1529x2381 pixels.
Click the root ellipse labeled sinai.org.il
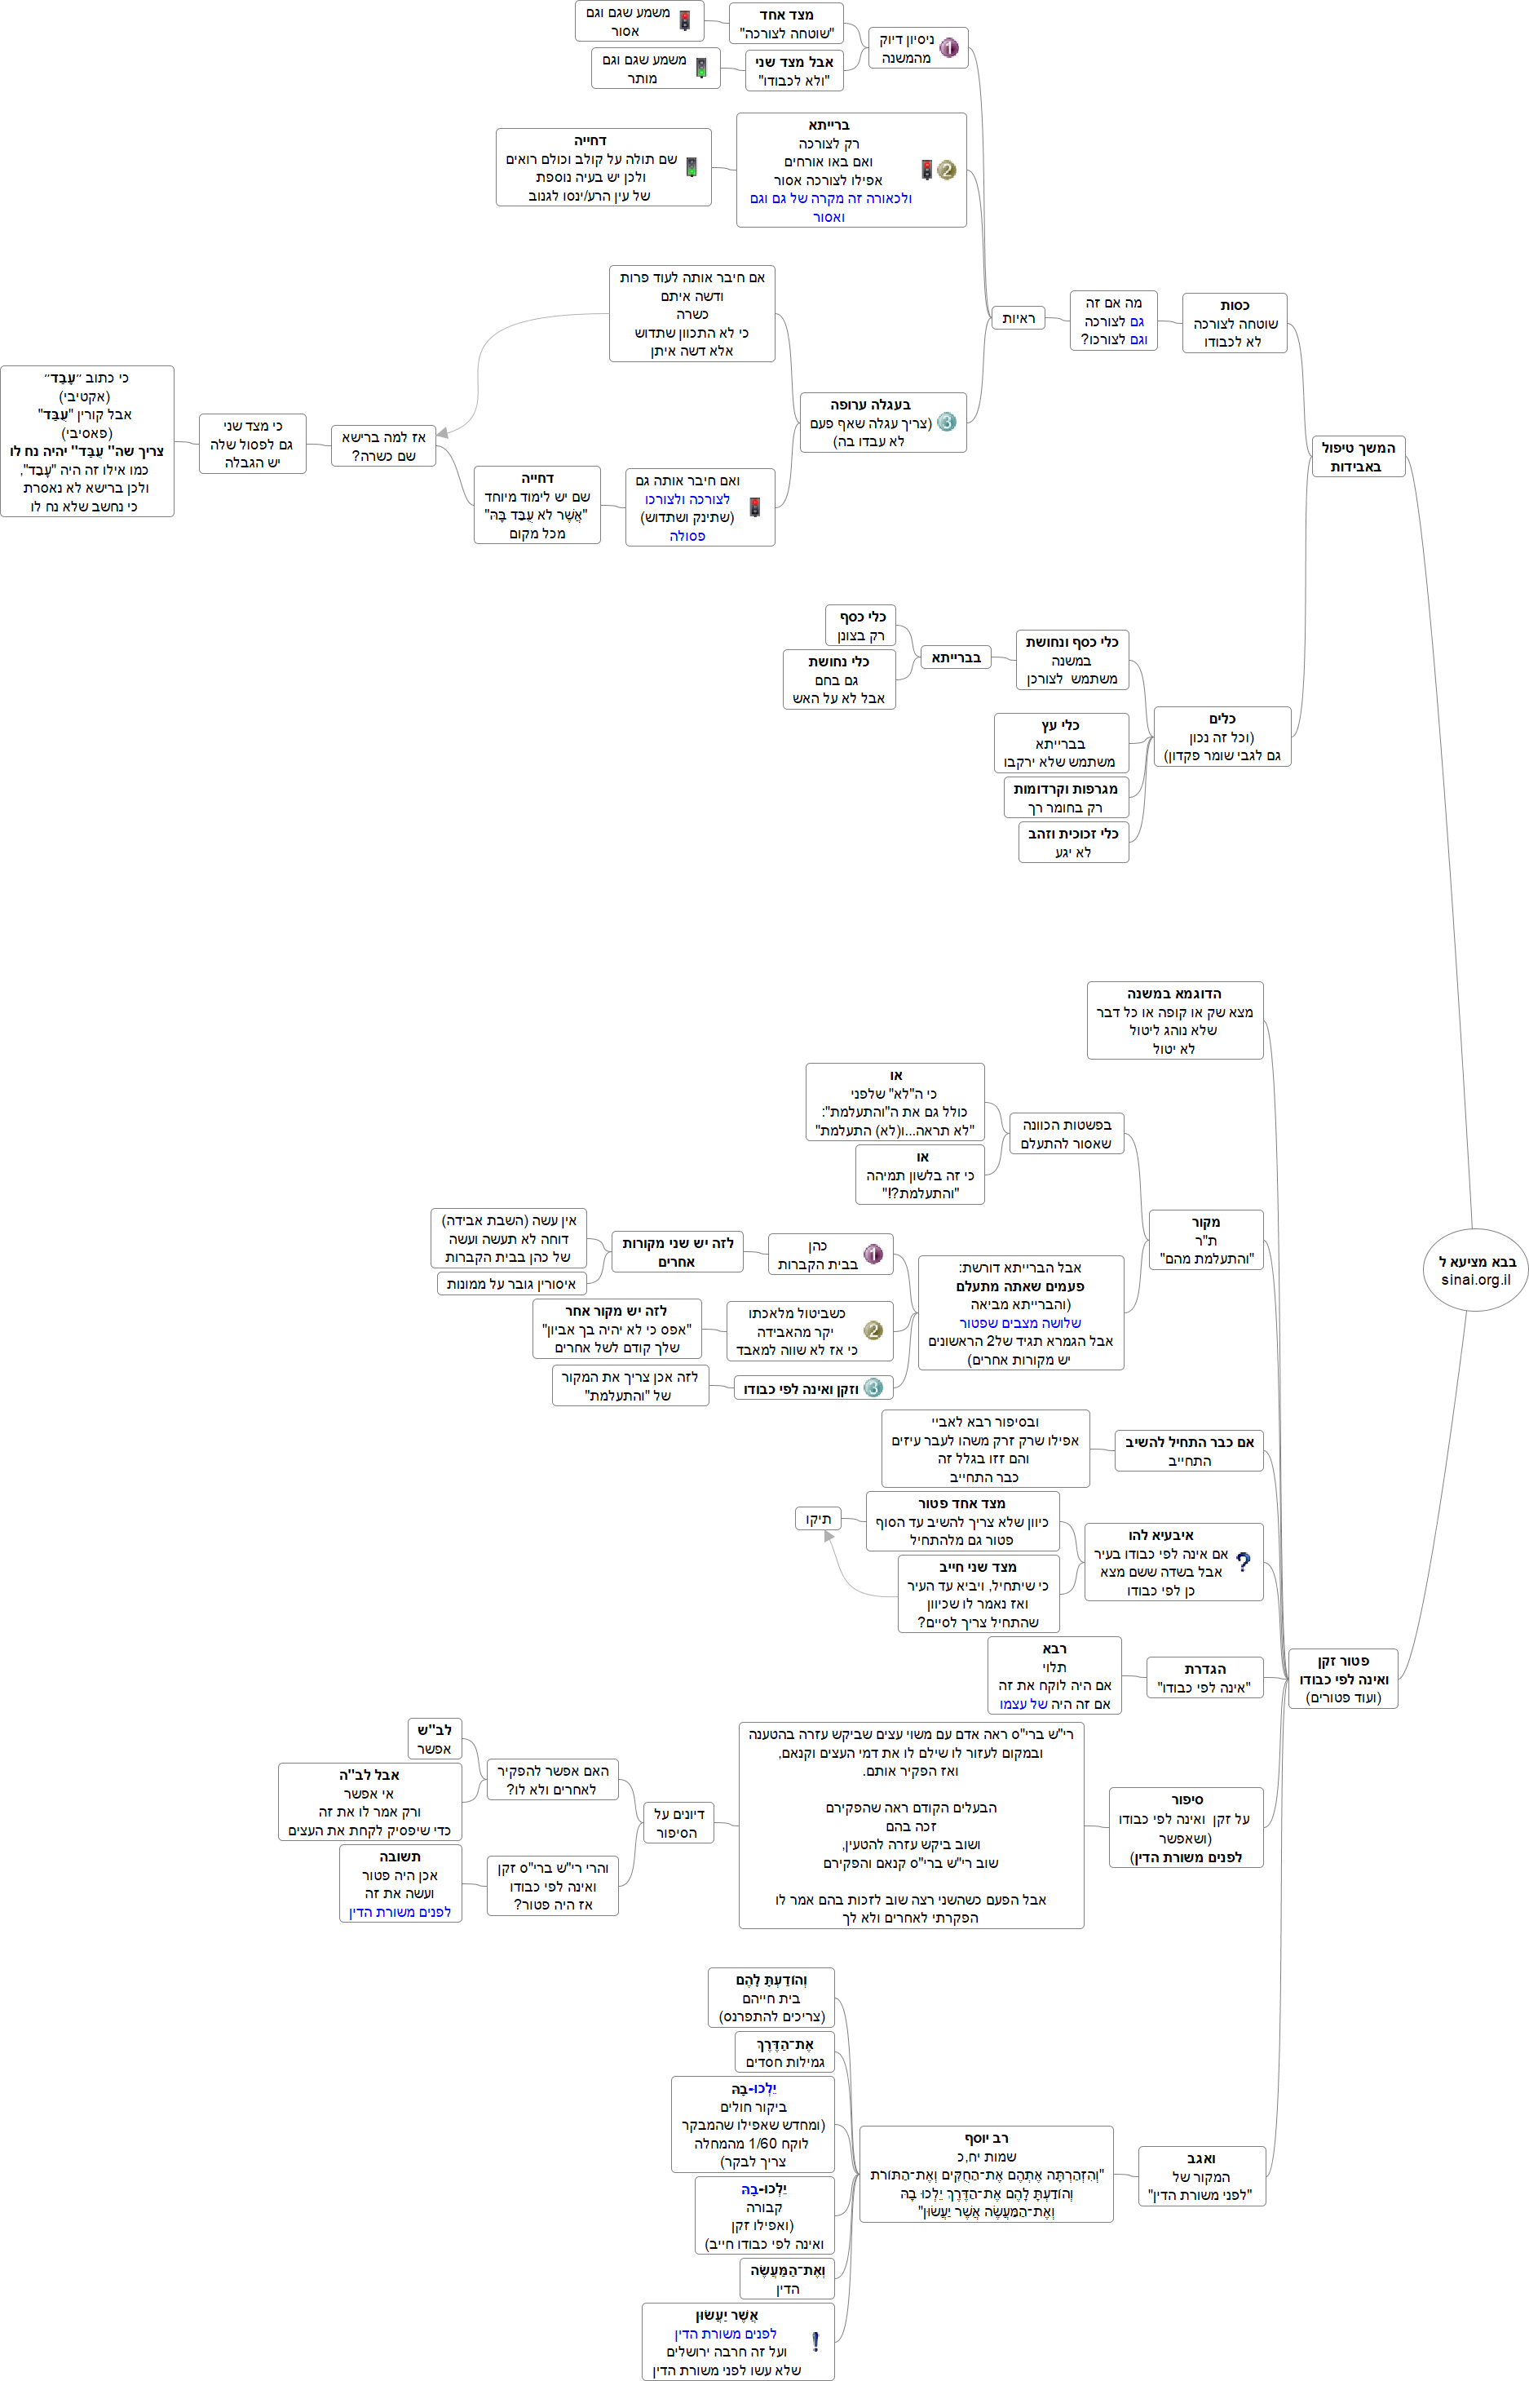point(1475,1270)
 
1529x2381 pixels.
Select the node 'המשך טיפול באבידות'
point(1359,457)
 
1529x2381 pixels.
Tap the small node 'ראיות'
point(1018,318)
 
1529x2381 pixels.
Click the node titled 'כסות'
point(1234,323)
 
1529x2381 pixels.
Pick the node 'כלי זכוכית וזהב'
point(1073,842)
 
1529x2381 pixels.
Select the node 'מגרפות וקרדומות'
point(1065,797)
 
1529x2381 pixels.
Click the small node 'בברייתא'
point(955,657)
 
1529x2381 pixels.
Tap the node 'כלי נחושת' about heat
point(839,679)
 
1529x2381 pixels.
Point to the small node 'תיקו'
point(818,1518)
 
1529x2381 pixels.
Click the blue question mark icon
point(1243,1562)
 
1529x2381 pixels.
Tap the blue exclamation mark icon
point(815,2341)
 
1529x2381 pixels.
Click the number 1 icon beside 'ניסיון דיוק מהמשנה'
point(948,47)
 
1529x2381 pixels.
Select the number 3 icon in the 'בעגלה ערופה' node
point(946,422)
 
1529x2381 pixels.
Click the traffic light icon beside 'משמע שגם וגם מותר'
point(701,69)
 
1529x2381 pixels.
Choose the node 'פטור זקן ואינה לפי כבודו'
point(1342,1678)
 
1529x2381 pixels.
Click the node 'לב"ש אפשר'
point(435,1738)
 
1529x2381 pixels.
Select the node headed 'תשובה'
point(400,1883)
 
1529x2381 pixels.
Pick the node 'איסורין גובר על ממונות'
point(511,1284)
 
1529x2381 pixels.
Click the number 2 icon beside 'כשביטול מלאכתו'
point(873,1330)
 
